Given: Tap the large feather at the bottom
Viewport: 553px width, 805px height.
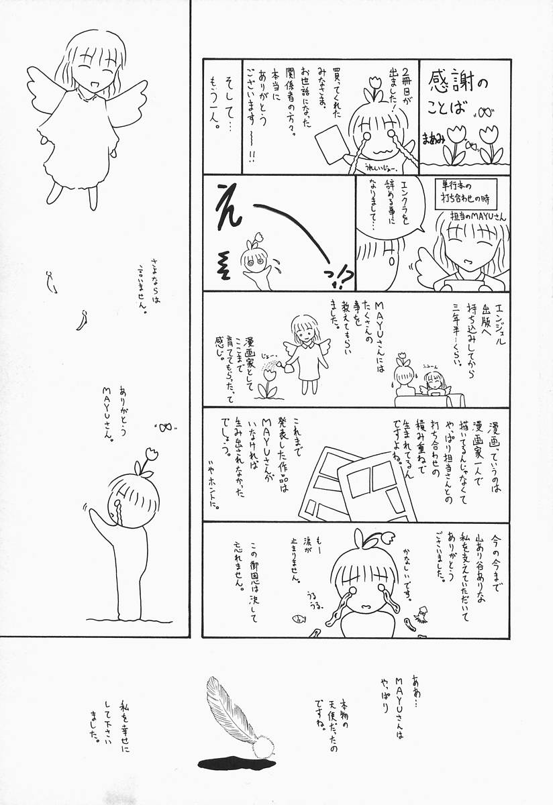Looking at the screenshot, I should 232,714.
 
